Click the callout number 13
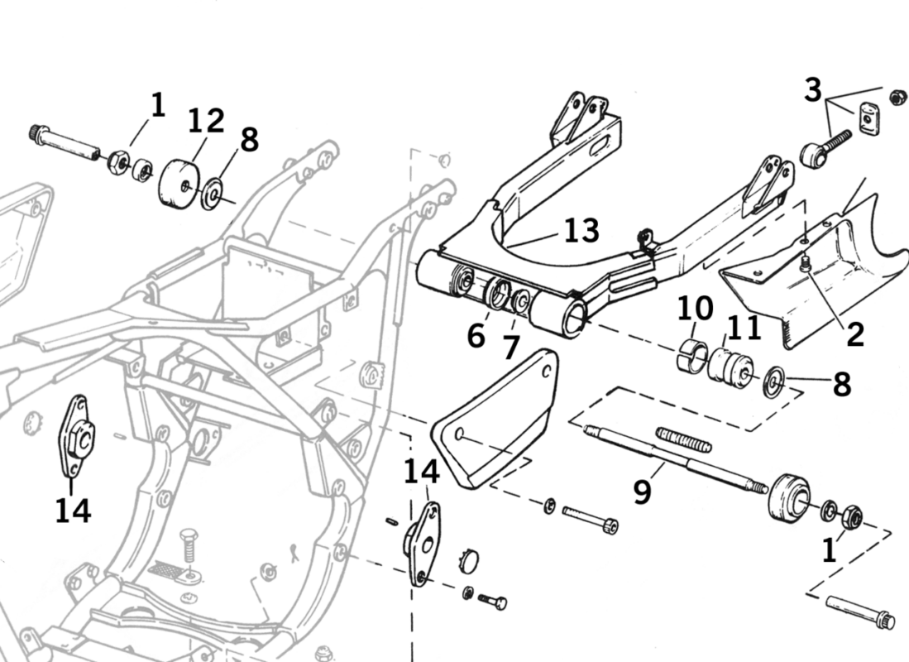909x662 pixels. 581,230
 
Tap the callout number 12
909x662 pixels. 207,120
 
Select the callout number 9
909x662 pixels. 643,491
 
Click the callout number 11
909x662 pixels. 744,328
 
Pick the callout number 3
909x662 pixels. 813,90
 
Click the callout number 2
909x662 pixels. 855,334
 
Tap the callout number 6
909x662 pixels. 476,336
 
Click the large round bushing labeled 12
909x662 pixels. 178,184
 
